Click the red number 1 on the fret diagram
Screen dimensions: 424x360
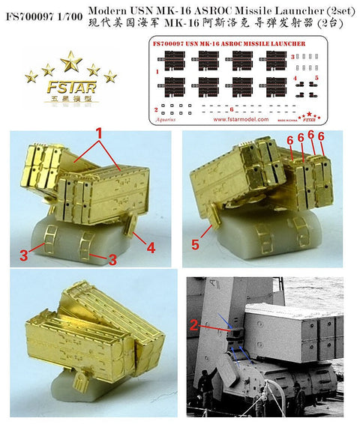[156, 72]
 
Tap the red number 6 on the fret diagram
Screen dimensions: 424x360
[232, 109]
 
